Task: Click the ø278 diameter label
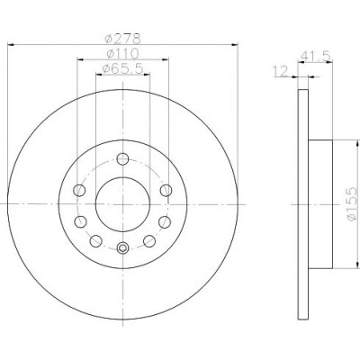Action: pyautogui.click(x=122, y=38)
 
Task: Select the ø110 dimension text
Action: pyautogui.click(x=122, y=54)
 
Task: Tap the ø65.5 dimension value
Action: pyautogui.click(x=122, y=69)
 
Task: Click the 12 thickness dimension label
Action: pyautogui.click(x=280, y=71)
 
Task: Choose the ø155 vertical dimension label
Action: pyautogui.click(x=352, y=204)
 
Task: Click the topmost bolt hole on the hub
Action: pyautogui.click(x=122, y=158)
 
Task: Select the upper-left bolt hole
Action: pyautogui.click(x=79, y=190)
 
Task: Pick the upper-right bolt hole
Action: pyautogui.click(x=166, y=190)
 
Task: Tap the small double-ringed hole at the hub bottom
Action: pyautogui.click(x=122, y=247)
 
